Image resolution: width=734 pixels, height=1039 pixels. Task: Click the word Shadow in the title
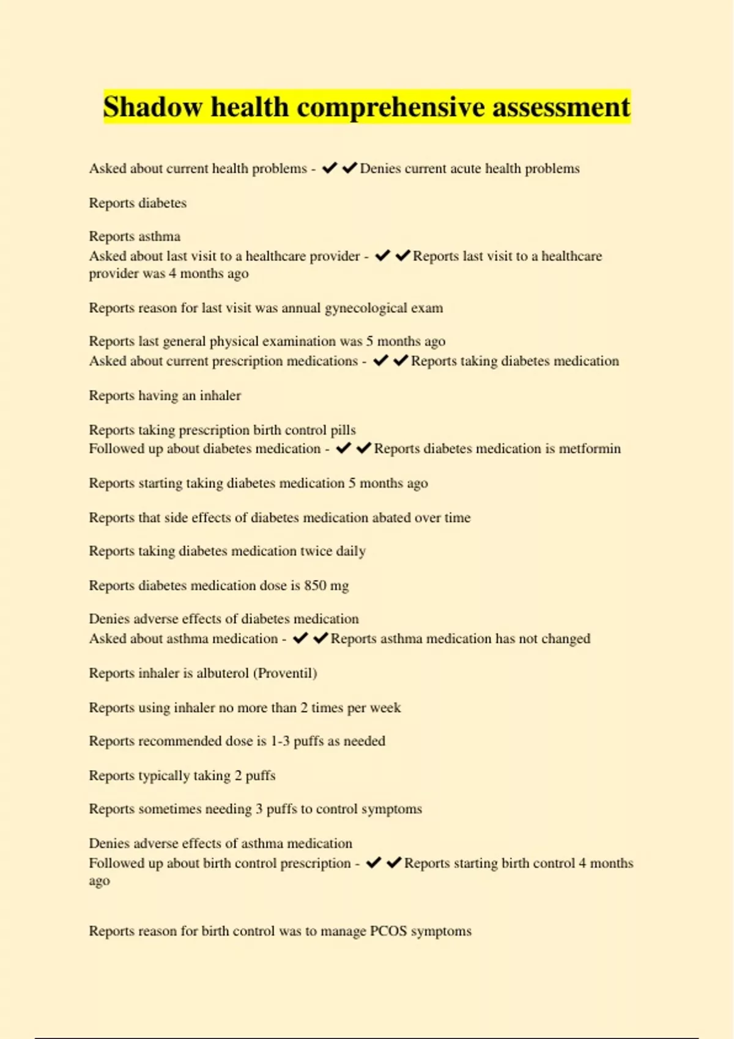point(152,107)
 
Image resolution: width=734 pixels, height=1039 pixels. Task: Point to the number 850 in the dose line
point(315,586)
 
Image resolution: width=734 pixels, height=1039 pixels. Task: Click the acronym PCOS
point(388,931)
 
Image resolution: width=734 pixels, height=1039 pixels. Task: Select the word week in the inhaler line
point(385,707)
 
